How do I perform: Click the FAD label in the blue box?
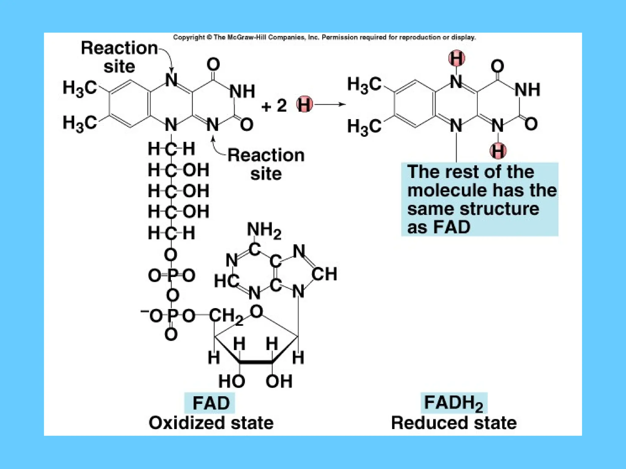211,403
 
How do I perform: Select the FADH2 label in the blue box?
454,403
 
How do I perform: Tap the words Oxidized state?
211,423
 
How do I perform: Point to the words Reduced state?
454,423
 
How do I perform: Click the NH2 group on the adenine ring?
264,230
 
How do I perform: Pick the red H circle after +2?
304,104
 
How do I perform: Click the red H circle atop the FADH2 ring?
457,58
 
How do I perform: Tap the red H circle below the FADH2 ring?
498,151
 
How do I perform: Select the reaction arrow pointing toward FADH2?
330,104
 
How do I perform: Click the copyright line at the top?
324,38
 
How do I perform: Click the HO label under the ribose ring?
232,381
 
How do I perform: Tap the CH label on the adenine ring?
324,274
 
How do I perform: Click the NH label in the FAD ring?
242,91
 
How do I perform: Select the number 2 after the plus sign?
281,106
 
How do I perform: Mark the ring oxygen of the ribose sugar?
256,311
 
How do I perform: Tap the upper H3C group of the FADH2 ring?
364,84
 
